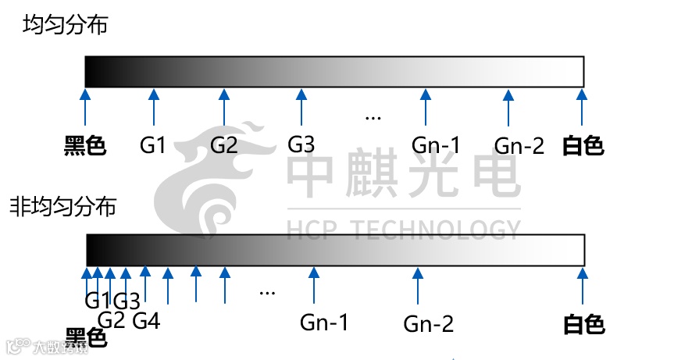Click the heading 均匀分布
[65, 25]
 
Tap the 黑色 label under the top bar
[84, 145]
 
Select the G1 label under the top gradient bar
[153, 145]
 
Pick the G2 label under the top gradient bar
[224, 145]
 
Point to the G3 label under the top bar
[301, 144]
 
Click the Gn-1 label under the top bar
[436, 145]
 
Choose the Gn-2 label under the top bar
[519, 145]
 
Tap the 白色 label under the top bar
[583, 145]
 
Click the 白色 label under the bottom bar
[584, 323]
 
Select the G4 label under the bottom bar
[146, 320]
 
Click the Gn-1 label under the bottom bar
[324, 322]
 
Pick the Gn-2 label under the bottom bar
[429, 323]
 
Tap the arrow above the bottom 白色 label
[583, 285]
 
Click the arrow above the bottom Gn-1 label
[314, 285]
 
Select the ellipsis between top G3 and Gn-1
[373, 118]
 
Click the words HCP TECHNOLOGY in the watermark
[403, 230]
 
